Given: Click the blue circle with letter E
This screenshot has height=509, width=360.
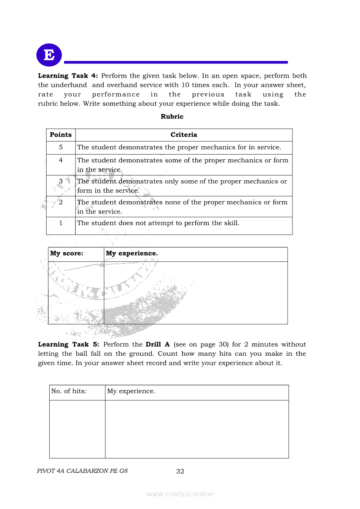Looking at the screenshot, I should tap(49, 55).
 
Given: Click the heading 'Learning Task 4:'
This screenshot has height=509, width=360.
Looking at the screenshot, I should tap(68, 76).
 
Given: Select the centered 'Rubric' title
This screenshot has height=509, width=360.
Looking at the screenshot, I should tap(172, 116).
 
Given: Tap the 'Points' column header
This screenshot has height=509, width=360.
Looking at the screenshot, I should tap(61, 135).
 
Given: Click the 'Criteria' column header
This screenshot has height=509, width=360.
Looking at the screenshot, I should tap(183, 135).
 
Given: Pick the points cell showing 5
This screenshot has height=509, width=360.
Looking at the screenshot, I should tap(61, 148).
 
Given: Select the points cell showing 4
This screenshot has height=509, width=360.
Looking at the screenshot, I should tap(61, 160).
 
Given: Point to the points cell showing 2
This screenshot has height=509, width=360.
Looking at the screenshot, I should tap(61, 202).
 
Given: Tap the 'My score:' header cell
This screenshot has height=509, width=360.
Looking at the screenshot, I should tap(67, 253).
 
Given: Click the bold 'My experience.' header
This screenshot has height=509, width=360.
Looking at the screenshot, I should tap(132, 253).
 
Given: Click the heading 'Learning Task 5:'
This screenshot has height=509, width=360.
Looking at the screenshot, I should tap(68, 344).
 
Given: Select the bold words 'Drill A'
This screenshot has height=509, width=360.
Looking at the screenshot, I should tap(158, 344).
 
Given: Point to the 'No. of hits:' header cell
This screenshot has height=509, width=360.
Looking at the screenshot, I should tap(69, 391).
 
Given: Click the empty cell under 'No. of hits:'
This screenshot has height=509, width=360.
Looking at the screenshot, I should tap(77, 429).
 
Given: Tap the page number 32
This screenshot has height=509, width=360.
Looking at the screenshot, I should tap(180, 472).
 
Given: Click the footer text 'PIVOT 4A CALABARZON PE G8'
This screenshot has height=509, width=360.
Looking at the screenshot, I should tap(83, 471).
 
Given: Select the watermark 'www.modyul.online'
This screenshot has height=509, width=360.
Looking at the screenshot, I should tap(180, 494).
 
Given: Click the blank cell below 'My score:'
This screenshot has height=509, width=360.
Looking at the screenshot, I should tap(76, 293).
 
